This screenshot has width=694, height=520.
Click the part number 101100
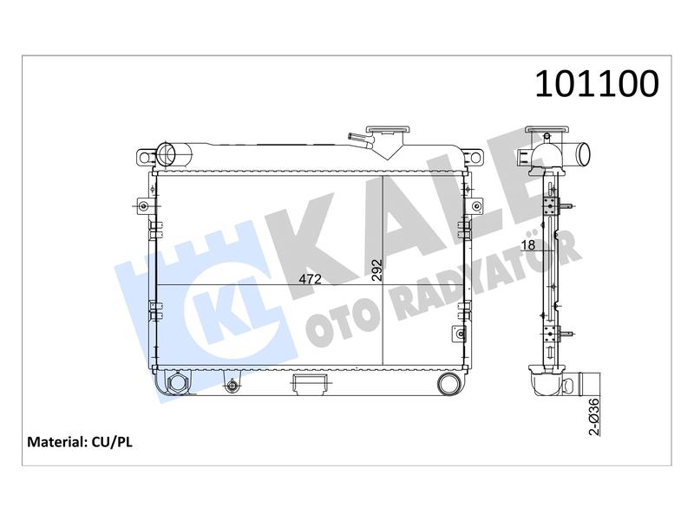click(597, 83)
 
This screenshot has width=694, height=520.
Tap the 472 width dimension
click(310, 279)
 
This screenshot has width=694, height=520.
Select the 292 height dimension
click(376, 270)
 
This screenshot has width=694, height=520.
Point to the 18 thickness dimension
click(528, 244)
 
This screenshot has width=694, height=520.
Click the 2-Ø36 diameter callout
click(594, 417)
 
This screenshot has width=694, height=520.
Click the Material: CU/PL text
click(80, 442)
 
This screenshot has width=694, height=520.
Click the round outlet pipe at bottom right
click(448, 383)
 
